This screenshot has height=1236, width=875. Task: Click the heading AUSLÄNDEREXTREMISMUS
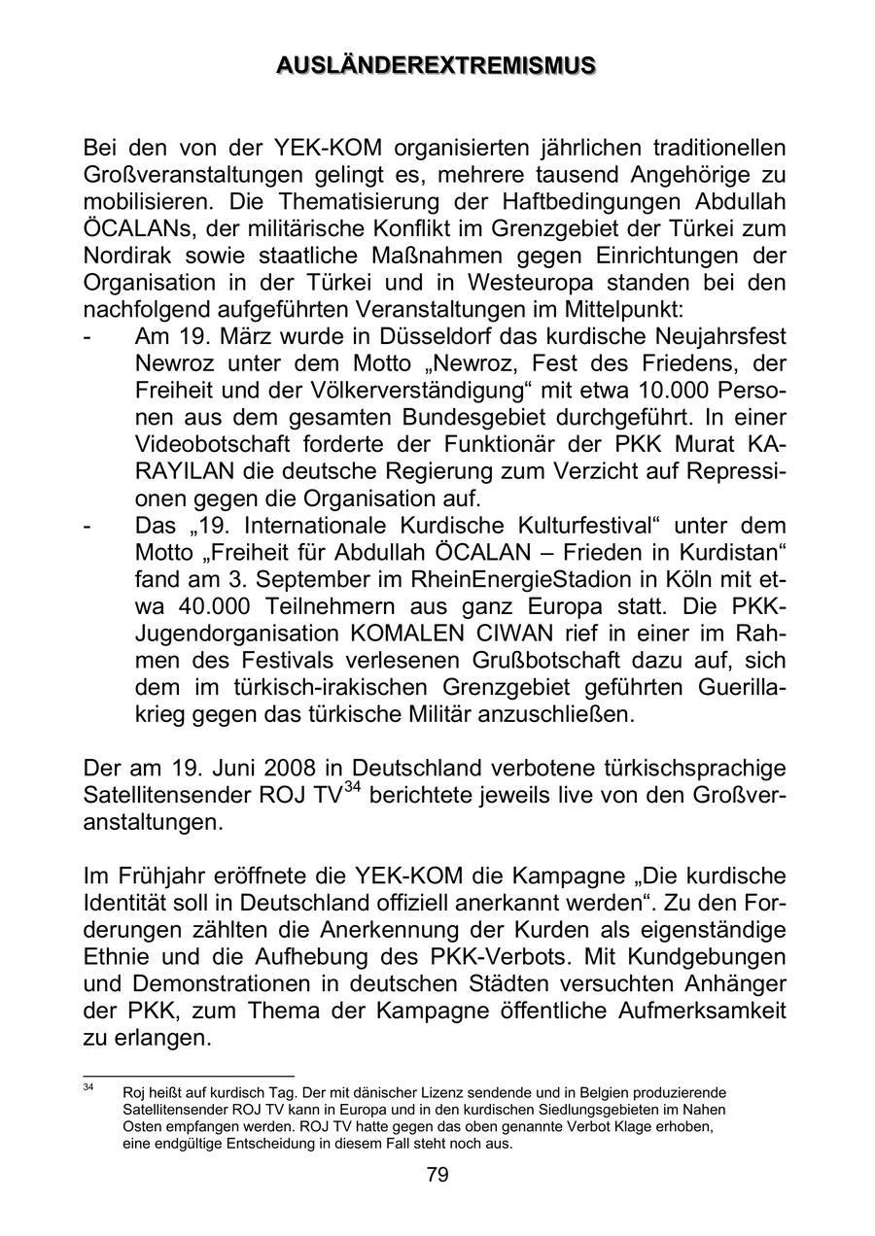pyautogui.click(x=437, y=66)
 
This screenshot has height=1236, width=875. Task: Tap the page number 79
pyautogui.click(x=437, y=1176)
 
